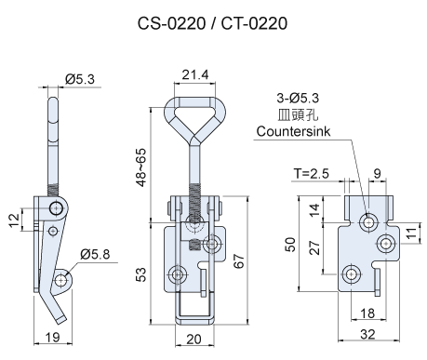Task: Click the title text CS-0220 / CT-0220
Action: click(214, 22)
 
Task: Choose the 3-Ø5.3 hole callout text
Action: click(298, 98)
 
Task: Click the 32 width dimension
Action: click(368, 334)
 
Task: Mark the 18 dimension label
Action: click(367, 313)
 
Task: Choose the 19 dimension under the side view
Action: click(52, 339)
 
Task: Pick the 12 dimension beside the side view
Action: click(14, 221)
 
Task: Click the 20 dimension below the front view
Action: click(193, 339)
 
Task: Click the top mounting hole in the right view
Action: click(370, 221)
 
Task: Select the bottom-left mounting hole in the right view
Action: click(352, 272)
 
